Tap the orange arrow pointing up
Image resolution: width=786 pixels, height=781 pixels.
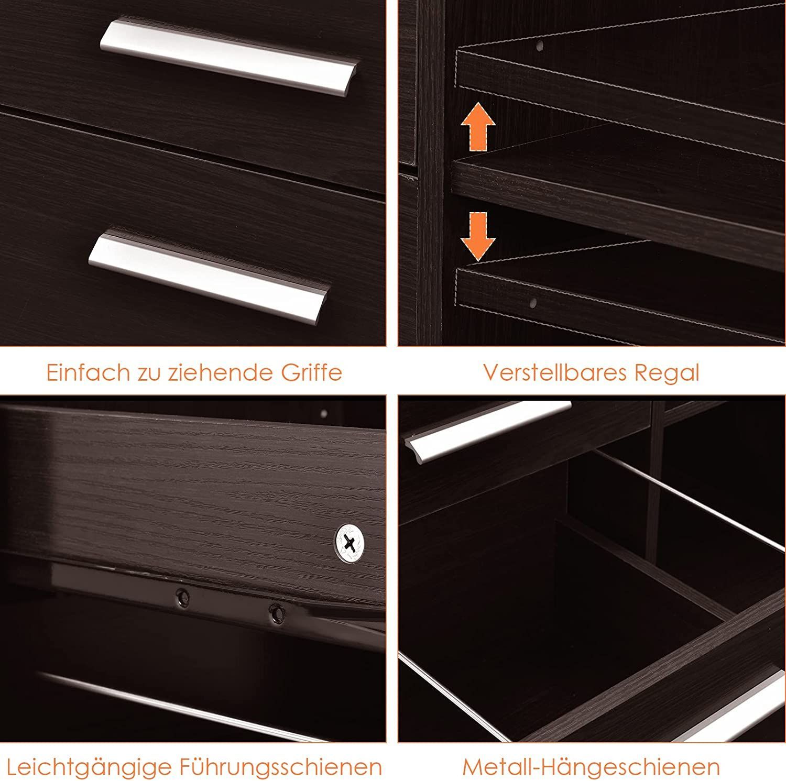tap(478, 127)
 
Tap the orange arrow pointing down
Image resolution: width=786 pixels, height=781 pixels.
tap(478, 236)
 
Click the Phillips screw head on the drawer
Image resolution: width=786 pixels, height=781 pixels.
tap(351, 543)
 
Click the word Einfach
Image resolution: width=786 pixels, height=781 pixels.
tap(88, 372)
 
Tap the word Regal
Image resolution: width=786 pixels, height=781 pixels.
tap(667, 373)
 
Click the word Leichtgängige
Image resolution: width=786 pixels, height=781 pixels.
tap(90, 768)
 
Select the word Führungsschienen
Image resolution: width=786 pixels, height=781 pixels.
tap(281, 768)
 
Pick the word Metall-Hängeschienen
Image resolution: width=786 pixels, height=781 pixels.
tap(591, 768)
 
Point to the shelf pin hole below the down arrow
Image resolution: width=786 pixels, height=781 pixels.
tap(533, 303)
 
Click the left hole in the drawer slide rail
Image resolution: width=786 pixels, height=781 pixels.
tap(182, 596)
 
